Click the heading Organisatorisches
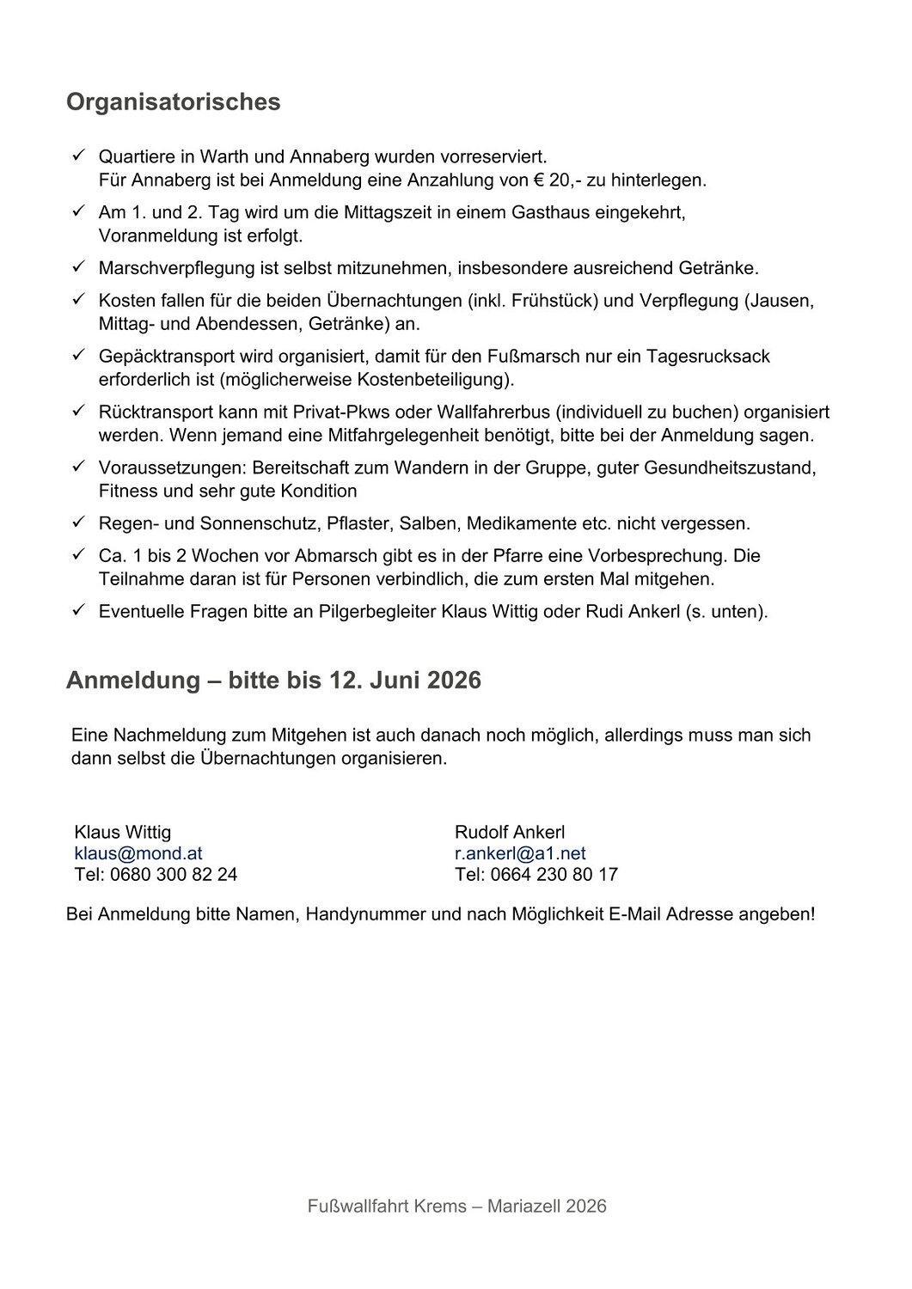click(x=173, y=102)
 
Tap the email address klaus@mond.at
click(x=138, y=853)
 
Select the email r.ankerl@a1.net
click(x=520, y=853)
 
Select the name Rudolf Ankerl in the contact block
click(x=510, y=832)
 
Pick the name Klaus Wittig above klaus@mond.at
click(x=123, y=832)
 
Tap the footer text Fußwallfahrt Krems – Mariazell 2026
click(x=456, y=1207)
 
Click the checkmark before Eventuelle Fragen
click(x=77, y=612)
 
